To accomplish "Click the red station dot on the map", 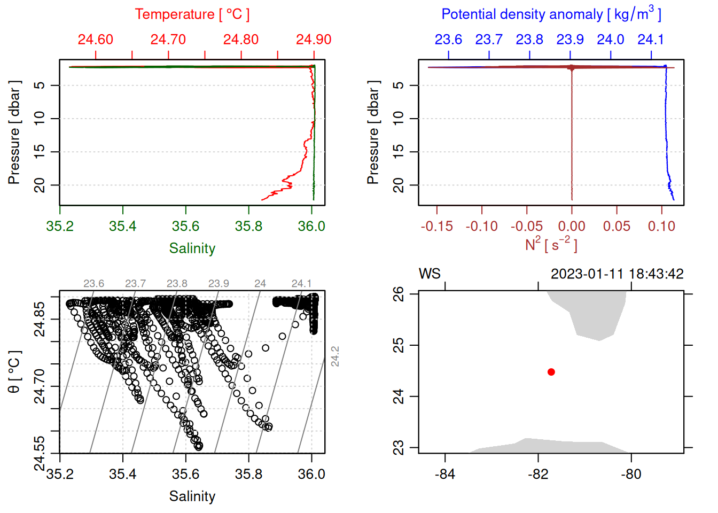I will pos(551,372).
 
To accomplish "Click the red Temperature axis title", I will pos(192,14).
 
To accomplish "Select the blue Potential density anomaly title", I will pos(551,14).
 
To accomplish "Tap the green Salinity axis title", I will pos(192,248).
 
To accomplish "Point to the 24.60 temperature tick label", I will pos(96,40).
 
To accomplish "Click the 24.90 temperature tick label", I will pos(314,40).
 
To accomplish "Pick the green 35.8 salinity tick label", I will pos(248,226).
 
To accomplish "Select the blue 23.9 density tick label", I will pos(570,40).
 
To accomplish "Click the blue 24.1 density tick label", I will pos(651,40).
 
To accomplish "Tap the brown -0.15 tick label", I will pos(436,226).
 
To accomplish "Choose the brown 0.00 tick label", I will pos(572,226).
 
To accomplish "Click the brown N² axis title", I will pos(551,244).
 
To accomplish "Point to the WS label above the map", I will pos(430,274).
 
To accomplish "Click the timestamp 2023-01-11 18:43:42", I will pos(617,274).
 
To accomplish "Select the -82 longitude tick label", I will pos(538,474).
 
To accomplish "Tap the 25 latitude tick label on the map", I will pos(399,345).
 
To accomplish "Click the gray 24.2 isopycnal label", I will pos(335,356).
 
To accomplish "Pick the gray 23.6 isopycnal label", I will pos(93,284).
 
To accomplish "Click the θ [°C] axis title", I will pos(14,372).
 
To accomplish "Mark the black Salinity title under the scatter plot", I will pos(192,496).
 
